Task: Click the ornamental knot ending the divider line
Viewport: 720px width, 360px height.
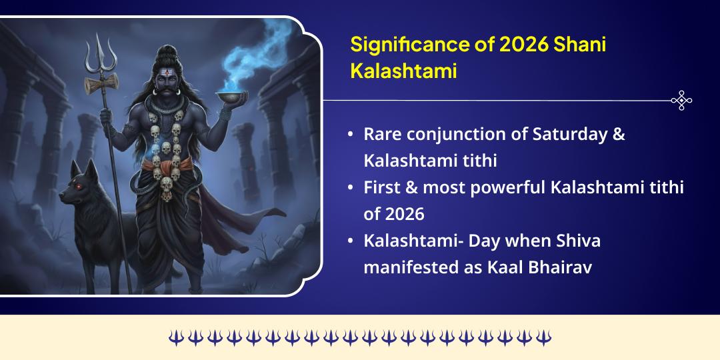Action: pyautogui.click(x=681, y=101)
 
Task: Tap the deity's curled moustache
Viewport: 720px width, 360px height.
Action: pyautogui.click(x=166, y=90)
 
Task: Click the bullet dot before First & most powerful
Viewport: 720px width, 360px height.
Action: pyautogui.click(x=351, y=188)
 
